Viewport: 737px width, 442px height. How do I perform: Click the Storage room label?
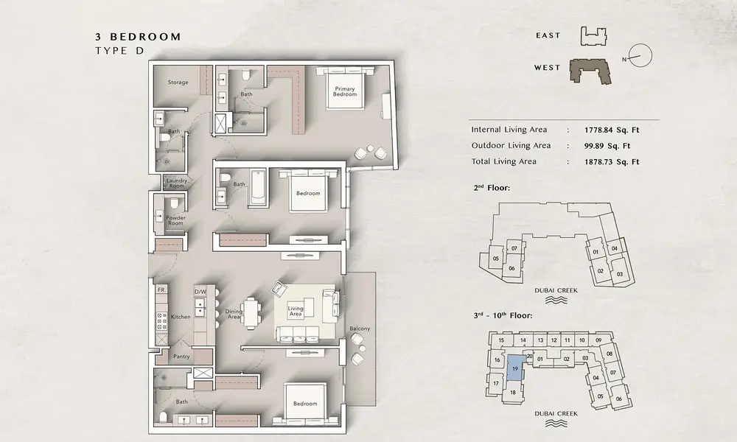tap(178, 83)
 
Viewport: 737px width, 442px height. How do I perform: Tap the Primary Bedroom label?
tap(344, 91)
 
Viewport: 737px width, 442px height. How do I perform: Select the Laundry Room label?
tap(177, 183)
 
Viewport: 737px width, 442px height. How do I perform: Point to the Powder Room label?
tap(176, 220)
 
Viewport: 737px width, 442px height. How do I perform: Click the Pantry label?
tap(181, 357)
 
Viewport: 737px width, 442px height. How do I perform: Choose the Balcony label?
tap(360, 329)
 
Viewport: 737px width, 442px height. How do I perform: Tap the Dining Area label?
tap(234, 315)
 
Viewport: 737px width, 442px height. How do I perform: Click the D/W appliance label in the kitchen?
tap(200, 292)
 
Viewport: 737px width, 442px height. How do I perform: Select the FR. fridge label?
tap(161, 290)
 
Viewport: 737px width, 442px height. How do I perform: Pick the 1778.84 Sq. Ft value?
tap(612, 130)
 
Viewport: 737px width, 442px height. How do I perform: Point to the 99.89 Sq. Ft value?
tap(607, 146)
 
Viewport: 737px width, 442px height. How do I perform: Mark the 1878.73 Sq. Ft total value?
tap(612, 162)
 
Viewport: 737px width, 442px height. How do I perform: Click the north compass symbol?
tap(639, 55)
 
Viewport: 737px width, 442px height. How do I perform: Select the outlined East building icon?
tap(593, 36)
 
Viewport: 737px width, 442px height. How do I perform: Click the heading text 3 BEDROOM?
tap(138, 37)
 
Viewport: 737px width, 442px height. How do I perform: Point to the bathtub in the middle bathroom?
tap(258, 188)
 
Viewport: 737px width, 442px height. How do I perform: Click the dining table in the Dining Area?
tap(251, 312)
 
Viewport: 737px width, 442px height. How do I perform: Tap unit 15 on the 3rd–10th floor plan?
tap(501, 340)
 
